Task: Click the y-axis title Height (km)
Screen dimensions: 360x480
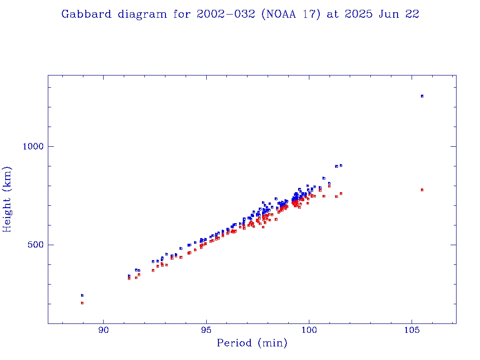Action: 7,199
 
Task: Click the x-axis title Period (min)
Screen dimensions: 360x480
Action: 252,343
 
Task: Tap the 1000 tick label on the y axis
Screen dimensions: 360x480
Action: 33,146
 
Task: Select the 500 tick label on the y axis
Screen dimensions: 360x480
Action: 36,245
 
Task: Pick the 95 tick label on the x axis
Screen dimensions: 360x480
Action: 206,330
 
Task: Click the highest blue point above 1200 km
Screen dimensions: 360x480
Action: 422,96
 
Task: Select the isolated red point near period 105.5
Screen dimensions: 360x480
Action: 422,190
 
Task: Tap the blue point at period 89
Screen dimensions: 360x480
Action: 82,295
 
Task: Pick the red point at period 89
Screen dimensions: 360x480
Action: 82,303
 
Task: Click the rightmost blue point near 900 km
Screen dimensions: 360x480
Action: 341,165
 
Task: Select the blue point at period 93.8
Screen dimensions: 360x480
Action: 181,248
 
